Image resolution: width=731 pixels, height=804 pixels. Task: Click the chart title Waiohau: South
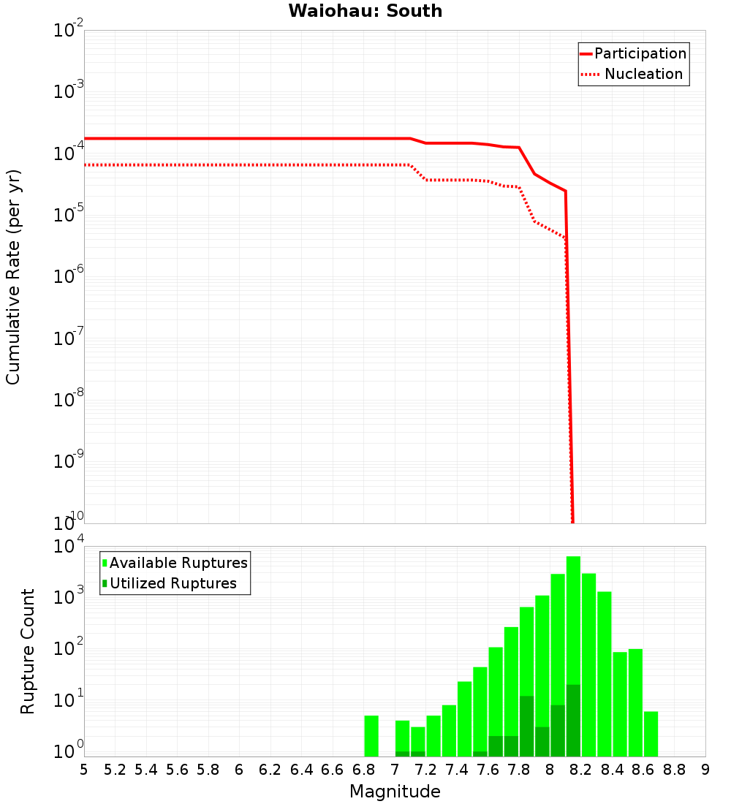tap(365, 11)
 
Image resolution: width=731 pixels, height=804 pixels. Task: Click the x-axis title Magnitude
tap(395, 792)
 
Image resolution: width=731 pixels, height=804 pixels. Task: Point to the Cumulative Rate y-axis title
tap(13, 277)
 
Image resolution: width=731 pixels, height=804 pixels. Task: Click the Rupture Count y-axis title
tap(28, 651)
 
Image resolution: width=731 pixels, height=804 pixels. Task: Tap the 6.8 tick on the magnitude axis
tap(364, 770)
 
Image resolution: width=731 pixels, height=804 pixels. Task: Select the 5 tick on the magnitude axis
tap(84, 770)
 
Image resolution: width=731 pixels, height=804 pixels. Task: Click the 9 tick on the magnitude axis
tap(705, 770)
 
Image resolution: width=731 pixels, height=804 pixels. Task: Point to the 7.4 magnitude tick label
tap(457, 770)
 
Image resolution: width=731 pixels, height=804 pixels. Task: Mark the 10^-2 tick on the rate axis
tap(69, 31)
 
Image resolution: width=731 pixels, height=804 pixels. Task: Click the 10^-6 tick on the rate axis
tap(69, 277)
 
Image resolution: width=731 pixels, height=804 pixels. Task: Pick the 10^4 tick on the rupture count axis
tap(69, 547)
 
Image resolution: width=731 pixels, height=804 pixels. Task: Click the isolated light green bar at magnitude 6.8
tap(371, 736)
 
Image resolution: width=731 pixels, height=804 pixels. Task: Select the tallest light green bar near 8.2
tap(573, 621)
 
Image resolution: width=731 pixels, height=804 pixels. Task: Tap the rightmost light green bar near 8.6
tap(651, 734)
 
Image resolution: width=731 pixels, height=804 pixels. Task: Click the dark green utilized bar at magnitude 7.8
tap(526, 727)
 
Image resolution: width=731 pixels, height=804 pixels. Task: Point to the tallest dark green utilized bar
tap(573, 721)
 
